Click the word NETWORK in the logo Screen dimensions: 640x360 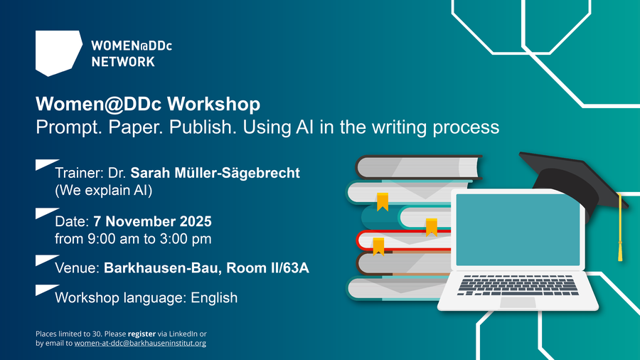click(123, 62)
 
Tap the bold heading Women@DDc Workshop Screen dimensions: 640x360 click(148, 104)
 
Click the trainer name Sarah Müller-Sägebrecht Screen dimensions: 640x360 click(215, 173)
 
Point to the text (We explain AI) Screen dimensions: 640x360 click(104, 191)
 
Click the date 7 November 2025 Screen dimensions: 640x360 click(153, 221)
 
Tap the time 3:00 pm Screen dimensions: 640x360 click(186, 239)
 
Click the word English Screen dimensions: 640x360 click(214, 298)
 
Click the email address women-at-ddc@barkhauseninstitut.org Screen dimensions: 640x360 click(140, 343)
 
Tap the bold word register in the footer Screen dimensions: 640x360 click(142, 334)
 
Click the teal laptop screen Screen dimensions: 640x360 click(518, 230)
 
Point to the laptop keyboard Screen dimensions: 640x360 click(518, 285)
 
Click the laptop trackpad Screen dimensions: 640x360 click(518, 302)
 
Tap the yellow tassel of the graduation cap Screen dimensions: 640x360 click(620, 228)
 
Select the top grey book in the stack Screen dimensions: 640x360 click(418, 167)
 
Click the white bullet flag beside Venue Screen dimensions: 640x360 click(47, 260)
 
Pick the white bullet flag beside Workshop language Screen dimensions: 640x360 click(47, 290)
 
